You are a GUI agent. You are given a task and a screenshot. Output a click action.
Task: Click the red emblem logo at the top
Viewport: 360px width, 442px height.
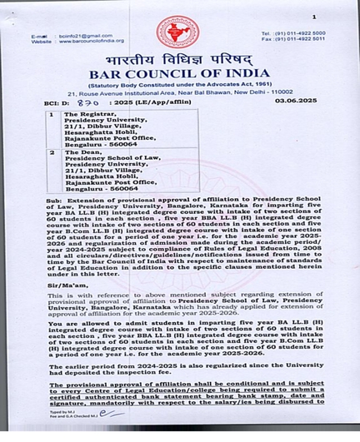[x=177, y=32]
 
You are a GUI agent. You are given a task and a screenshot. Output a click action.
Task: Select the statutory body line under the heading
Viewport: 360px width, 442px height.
[x=179, y=87]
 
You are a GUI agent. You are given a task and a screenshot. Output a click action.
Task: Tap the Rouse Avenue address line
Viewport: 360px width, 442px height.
[x=179, y=94]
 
